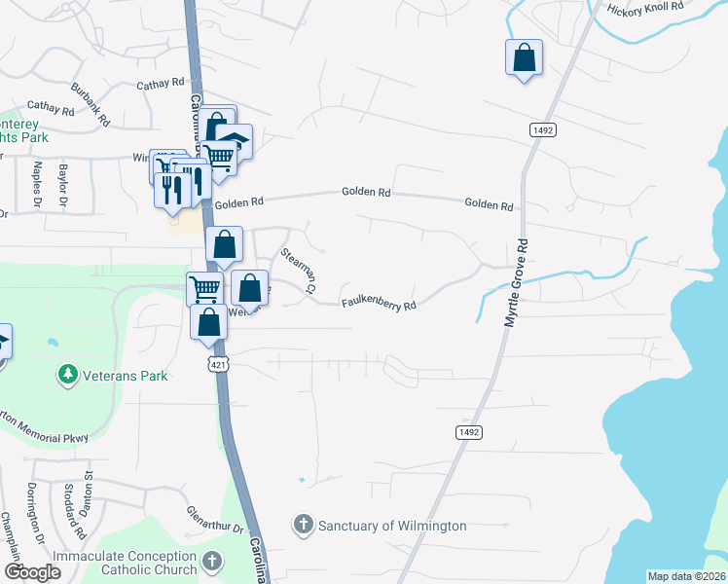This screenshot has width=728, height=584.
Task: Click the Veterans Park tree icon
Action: click(67, 375)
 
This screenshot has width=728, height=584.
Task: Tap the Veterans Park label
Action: click(124, 376)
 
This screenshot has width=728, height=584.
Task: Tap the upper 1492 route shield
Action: click(542, 129)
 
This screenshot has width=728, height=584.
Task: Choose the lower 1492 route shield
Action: click(466, 429)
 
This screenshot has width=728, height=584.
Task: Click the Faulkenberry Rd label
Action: click(379, 305)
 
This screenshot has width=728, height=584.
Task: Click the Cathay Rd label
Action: click(161, 84)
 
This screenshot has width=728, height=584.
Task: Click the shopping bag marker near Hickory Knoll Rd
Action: click(524, 56)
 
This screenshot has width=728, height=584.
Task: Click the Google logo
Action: click(33, 572)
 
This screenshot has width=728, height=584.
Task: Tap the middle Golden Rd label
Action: click(366, 193)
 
